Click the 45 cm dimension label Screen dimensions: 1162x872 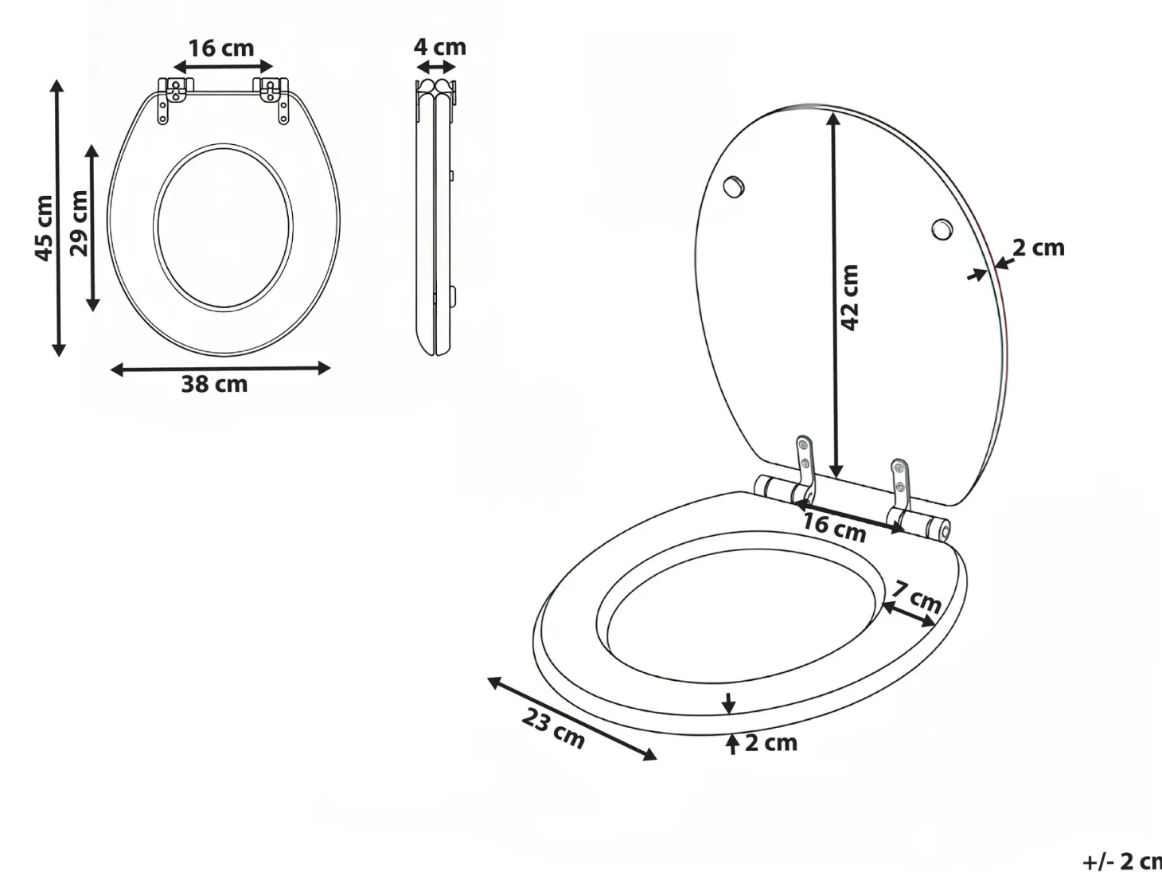pyautogui.click(x=44, y=228)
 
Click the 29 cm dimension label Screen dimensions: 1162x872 pyautogui.click(x=79, y=223)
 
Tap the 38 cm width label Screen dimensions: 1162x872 pyautogui.click(x=214, y=384)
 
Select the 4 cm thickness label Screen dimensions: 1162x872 pyautogui.click(x=440, y=47)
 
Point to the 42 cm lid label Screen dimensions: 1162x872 pyautogui.click(x=850, y=298)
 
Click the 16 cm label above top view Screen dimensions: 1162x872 pyautogui.click(x=221, y=49)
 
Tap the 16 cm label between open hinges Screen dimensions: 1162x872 pyautogui.click(x=835, y=528)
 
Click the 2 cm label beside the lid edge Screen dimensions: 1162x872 pyautogui.click(x=1038, y=248)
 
